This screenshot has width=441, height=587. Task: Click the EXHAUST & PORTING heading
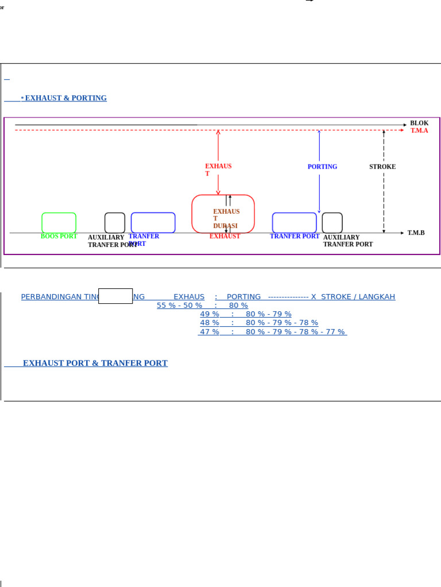[x=65, y=98]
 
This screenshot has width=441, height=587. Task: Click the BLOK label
[x=419, y=123]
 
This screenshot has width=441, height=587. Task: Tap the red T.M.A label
[x=419, y=131]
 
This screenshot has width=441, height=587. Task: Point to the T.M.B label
[x=416, y=233]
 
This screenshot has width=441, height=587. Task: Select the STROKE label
[x=382, y=167]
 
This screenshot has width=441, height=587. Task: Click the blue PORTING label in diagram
[x=322, y=167]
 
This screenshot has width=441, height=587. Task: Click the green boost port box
[x=59, y=222]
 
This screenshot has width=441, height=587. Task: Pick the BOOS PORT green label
[x=59, y=236]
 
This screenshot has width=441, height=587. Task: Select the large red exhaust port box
[x=223, y=213]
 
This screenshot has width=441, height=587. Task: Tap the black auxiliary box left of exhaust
[x=115, y=222]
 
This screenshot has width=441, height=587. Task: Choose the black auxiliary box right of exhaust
[x=332, y=222]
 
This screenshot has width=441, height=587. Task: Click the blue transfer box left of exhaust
[x=153, y=222]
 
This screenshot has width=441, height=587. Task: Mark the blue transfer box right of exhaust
[x=294, y=222]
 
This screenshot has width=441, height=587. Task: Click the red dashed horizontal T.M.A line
[x=115, y=131]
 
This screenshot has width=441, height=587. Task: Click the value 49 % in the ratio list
[x=210, y=314]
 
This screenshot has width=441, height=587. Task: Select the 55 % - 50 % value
[x=179, y=306]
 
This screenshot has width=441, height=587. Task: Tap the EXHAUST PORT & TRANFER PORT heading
[x=95, y=363]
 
